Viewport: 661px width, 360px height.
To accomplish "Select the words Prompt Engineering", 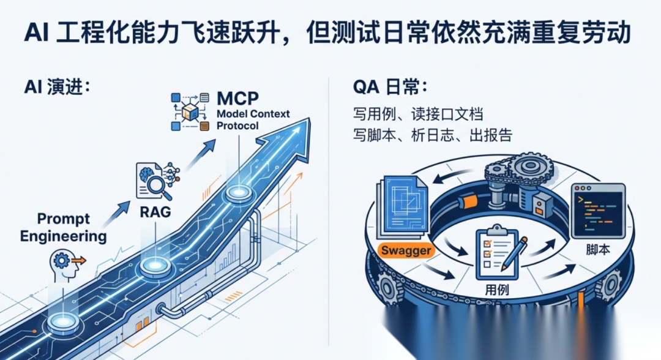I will pyautogui.click(x=63, y=227).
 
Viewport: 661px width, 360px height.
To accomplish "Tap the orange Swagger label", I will pyautogui.click(x=406, y=250).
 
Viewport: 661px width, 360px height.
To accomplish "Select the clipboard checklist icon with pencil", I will pyautogui.click(x=498, y=250).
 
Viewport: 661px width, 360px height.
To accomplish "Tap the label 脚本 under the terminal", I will pyautogui.click(x=597, y=251).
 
